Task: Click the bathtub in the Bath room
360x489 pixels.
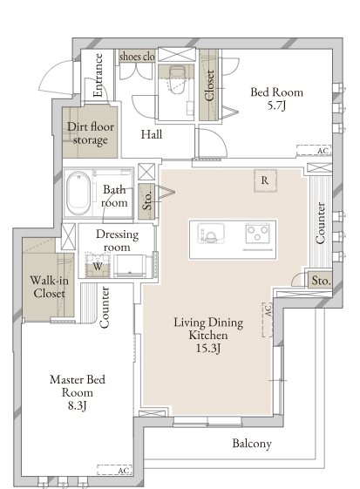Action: (78, 194)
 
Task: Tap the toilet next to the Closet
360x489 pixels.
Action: (178, 79)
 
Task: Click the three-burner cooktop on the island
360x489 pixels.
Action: (258, 233)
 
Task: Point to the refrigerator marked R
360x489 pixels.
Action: (265, 180)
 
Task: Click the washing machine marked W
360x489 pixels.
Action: (98, 266)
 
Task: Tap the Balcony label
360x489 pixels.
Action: (252, 444)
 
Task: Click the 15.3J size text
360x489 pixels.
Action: (208, 348)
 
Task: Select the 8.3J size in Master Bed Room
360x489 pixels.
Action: (77, 405)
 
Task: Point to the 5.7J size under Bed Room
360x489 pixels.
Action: (276, 105)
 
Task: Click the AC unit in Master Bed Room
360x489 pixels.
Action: (114, 470)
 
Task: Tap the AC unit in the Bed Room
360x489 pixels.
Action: (314, 150)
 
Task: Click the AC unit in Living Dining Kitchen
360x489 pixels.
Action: (268, 319)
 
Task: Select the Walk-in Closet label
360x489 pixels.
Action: (49, 287)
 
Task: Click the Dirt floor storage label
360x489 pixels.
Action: (91, 133)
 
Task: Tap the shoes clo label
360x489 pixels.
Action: (137, 57)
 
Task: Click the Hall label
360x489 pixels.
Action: (152, 134)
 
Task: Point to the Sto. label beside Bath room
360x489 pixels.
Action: (147, 200)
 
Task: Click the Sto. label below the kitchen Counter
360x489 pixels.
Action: (321, 281)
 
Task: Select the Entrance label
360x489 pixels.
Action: (98, 75)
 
